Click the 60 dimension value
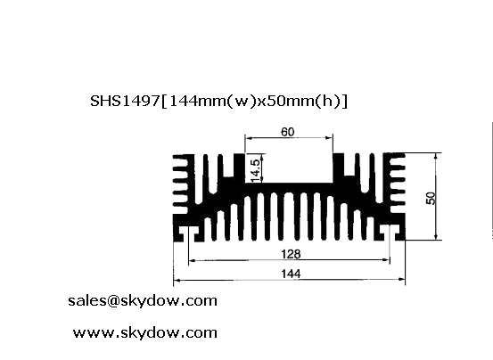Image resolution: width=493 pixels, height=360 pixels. point(288,132)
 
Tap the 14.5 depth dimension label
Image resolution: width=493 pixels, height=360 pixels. point(256,170)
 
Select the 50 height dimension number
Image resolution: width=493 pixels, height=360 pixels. point(431,198)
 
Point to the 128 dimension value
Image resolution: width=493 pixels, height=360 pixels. point(291,254)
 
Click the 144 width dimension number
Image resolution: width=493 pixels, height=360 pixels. point(291,274)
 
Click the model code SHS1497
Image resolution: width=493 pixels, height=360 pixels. point(125,101)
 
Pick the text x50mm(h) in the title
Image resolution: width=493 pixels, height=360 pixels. point(300,102)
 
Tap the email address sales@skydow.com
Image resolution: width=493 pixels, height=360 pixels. point(143,300)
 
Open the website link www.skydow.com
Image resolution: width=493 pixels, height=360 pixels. point(145,332)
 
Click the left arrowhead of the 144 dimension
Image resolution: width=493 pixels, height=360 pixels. point(177,280)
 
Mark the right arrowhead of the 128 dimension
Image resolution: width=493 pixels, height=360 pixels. point(386,260)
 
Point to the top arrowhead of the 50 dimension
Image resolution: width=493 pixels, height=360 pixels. point(436,157)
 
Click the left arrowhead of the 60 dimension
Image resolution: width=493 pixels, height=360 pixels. point(249,137)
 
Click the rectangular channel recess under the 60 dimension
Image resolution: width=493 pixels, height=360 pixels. point(289,168)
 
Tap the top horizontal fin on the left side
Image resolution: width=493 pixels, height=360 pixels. point(180,157)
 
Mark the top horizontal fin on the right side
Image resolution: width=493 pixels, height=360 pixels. point(398,156)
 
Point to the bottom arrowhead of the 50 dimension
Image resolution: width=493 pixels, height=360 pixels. point(436,236)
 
